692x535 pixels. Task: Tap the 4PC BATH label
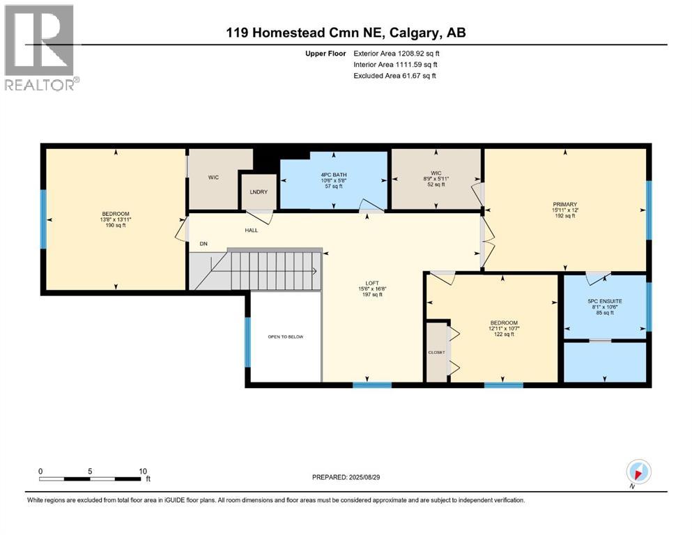pos(334,175)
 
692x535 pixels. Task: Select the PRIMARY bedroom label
pos(565,205)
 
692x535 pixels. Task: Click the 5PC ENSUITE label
pos(604,301)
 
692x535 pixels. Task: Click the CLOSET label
pos(436,352)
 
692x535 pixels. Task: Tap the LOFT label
pos(373,284)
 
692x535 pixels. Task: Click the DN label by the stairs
pos(203,244)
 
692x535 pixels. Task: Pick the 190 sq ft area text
pos(116,226)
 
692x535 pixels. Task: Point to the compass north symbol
pos(638,471)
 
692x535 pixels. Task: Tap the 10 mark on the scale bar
pos(142,470)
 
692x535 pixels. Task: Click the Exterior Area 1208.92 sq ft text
pos(396,53)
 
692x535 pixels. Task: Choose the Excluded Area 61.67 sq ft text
pos(394,75)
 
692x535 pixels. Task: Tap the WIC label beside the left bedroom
pos(213,178)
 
